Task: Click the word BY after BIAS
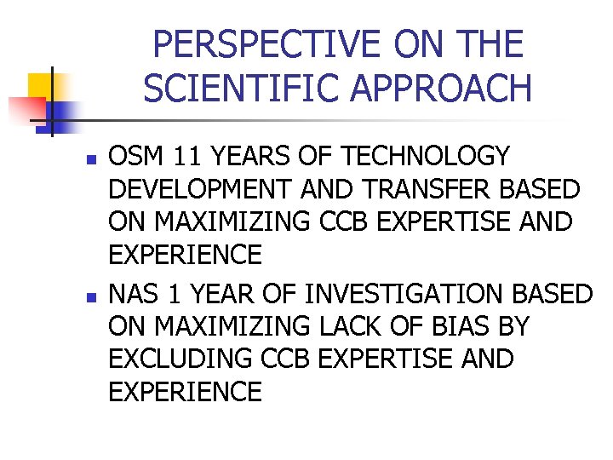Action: (507, 326)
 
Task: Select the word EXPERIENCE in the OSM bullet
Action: (185, 254)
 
